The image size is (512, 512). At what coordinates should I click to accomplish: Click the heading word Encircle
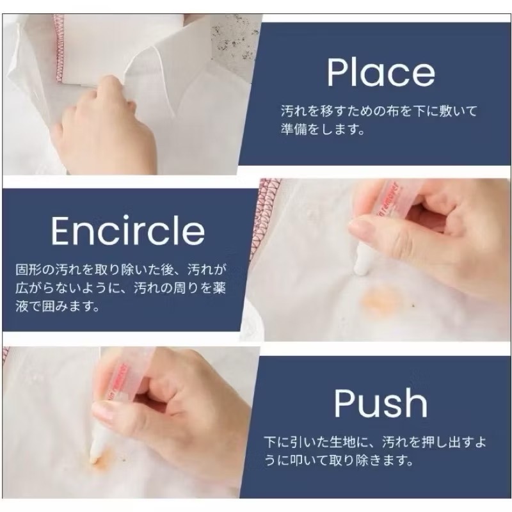click(128, 230)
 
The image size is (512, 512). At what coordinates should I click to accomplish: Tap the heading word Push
click(381, 403)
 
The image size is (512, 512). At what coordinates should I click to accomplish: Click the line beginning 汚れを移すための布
click(379, 111)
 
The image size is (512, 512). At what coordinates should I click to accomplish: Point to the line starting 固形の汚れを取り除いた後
click(121, 268)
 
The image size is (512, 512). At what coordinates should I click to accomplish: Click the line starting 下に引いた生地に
click(379, 442)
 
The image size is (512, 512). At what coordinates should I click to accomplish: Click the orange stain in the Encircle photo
click(382, 299)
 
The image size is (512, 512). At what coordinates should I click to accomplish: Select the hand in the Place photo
click(102, 128)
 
